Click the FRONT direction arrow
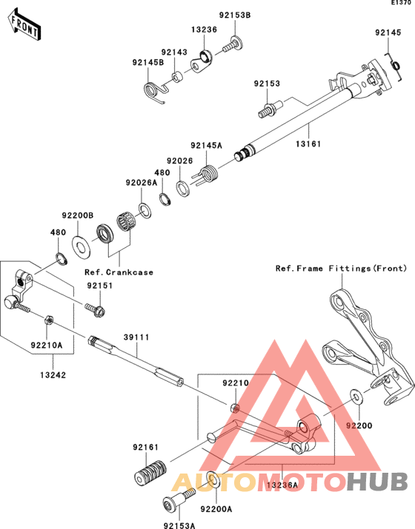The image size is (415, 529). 24,26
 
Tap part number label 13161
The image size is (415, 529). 308,144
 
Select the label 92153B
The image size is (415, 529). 235,16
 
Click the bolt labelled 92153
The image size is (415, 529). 269,109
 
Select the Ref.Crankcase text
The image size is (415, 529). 119,272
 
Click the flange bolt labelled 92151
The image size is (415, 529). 96,309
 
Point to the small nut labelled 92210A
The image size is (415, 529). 48,320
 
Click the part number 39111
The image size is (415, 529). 136,337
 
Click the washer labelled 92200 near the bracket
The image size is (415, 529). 355,397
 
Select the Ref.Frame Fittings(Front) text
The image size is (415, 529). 342,269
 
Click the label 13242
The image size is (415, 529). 53,375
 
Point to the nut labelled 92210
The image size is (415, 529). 235,408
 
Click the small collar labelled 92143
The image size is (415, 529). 177,76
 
